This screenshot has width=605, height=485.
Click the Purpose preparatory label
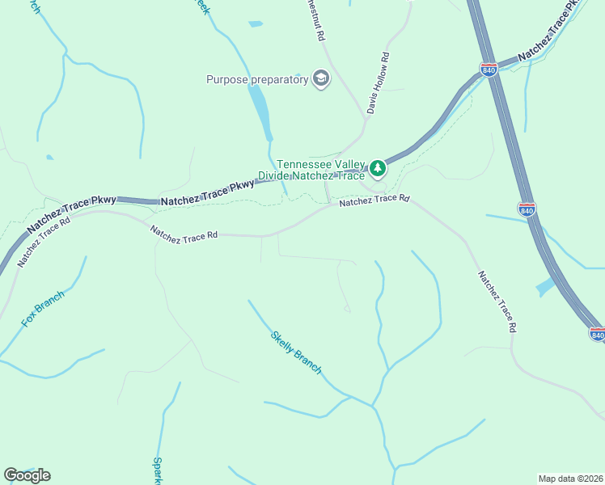[257, 79]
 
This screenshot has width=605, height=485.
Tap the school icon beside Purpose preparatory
[321, 78]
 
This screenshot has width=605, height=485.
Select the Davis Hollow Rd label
[379, 82]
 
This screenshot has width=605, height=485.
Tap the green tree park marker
[378, 168]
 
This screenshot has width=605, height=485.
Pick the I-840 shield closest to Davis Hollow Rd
[488, 70]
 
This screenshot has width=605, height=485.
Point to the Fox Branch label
[42, 309]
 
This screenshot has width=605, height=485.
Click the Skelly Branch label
[296, 352]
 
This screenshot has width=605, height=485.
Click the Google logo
[27, 475]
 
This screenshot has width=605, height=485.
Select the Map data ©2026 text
[570, 478]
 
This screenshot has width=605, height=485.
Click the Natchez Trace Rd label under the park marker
[374, 200]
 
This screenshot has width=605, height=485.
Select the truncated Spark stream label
[158, 471]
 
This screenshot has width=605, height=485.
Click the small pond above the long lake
[256, 24]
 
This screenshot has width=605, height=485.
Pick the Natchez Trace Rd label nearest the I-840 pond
[496, 302]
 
